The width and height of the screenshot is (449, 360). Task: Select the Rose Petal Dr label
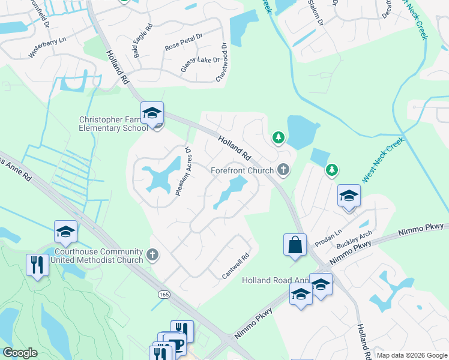[x=184, y=41]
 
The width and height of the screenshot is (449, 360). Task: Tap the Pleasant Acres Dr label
[x=183, y=171]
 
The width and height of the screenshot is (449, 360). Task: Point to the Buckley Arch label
[x=355, y=240]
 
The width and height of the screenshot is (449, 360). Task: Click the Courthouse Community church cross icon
[x=153, y=255]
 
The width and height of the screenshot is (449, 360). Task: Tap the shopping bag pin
[x=294, y=244]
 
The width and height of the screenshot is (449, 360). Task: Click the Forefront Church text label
[x=243, y=171]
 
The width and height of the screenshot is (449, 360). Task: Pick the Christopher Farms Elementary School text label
[x=114, y=124]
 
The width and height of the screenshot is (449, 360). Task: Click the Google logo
[x=20, y=353]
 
